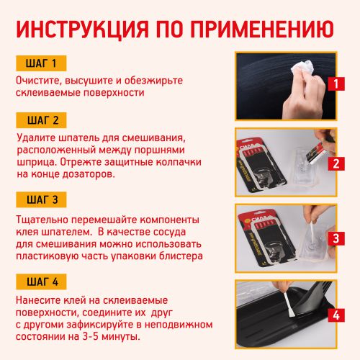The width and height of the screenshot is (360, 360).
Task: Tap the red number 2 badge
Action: click(x=335, y=163)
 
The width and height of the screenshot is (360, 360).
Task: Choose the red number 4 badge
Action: click(x=335, y=314)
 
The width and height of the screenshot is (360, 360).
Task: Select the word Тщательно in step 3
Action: click(x=45, y=219)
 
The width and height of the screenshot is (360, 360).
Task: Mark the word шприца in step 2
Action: click(x=37, y=161)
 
